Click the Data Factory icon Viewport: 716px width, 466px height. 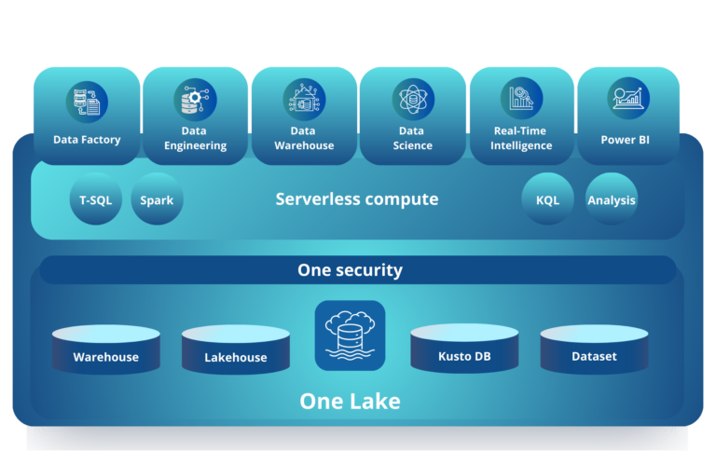pyautogui.click(x=87, y=102)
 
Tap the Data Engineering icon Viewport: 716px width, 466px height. pyautogui.click(x=195, y=100)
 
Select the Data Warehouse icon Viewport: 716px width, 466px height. pyautogui.click(x=304, y=100)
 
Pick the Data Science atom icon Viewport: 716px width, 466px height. pyautogui.click(x=412, y=100)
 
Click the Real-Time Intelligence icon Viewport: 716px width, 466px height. pyautogui.click(x=521, y=100)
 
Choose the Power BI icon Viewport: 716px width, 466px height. pyautogui.click(x=628, y=100)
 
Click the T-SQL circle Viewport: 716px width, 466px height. pyautogui.click(x=96, y=199)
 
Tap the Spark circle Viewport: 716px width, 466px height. pyautogui.click(x=157, y=199)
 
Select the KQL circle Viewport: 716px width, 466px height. pyautogui.click(x=547, y=199)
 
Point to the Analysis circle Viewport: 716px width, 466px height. pyautogui.click(x=612, y=199)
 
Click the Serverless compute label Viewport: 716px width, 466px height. pyautogui.click(x=357, y=199)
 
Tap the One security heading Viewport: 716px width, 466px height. pyautogui.click(x=351, y=270)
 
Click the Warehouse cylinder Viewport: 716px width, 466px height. pyautogui.click(x=106, y=349)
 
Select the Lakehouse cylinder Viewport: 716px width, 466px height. pyautogui.click(x=236, y=349)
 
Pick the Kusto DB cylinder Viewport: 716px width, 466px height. pyautogui.click(x=464, y=349)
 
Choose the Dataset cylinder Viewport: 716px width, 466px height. pyautogui.click(x=594, y=349)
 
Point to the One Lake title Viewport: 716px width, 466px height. pyautogui.click(x=350, y=402)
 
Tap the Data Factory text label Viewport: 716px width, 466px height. pyautogui.click(x=87, y=140)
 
